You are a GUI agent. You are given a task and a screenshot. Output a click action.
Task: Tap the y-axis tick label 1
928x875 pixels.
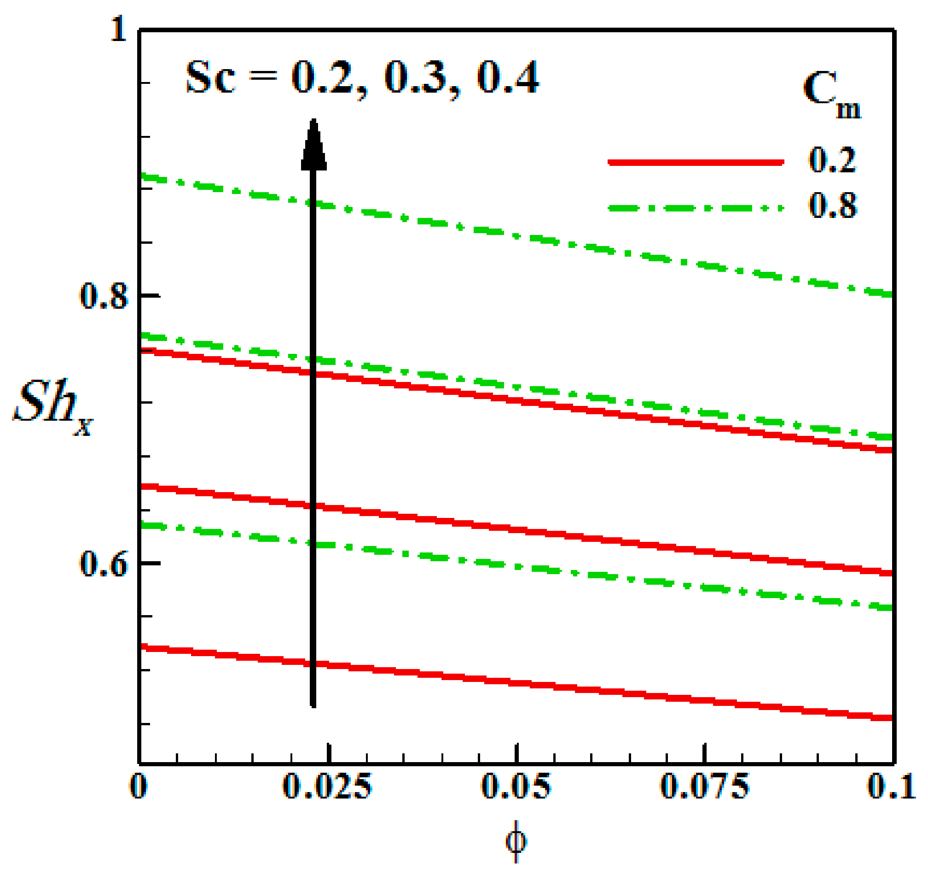pos(119,29)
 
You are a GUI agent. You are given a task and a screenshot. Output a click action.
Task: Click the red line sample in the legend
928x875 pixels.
pos(695,162)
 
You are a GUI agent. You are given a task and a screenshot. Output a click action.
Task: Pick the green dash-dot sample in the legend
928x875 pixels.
pos(695,208)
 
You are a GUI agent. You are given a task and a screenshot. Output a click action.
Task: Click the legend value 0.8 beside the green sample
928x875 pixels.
pos(832,206)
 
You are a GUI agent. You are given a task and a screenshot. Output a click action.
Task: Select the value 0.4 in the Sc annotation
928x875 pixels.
pos(508,77)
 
